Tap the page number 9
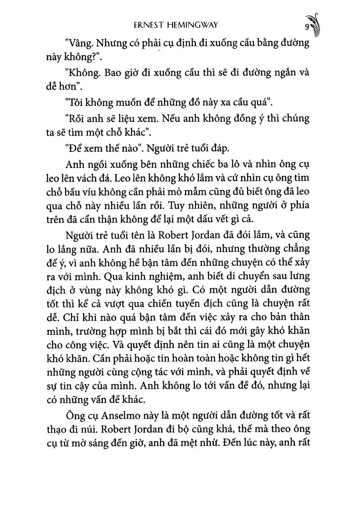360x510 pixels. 306,27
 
